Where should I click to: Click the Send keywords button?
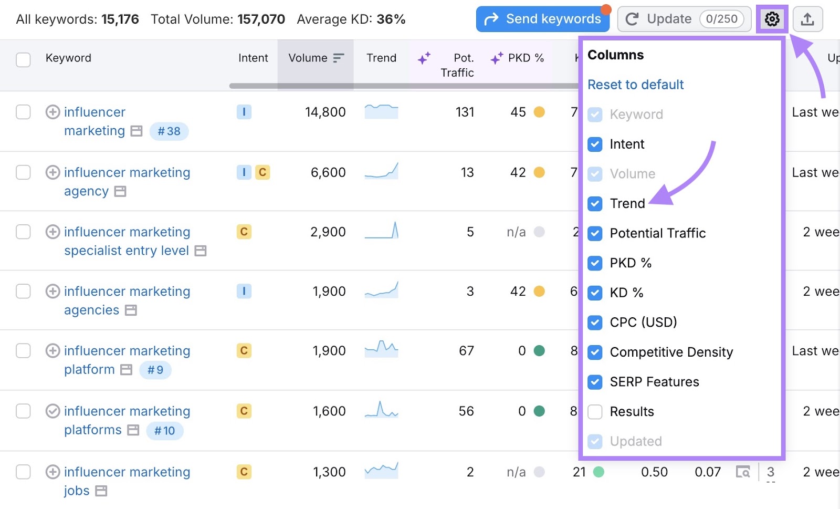[x=542, y=19]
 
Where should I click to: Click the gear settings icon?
[x=772, y=19]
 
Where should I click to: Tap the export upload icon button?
[x=807, y=19]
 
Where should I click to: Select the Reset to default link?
[x=635, y=85]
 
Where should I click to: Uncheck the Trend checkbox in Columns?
[x=595, y=204]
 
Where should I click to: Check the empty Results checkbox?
[x=595, y=412]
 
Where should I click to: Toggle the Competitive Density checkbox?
[x=595, y=352]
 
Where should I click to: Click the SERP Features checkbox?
[x=595, y=382]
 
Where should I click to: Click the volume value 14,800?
[x=325, y=112]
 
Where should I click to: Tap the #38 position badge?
[x=169, y=131]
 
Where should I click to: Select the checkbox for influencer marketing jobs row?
[x=23, y=472]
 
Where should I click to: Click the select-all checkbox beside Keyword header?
[x=23, y=59]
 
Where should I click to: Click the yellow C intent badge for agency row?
[x=262, y=172]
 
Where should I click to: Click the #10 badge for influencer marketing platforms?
[x=164, y=431]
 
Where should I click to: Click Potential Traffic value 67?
[x=466, y=351]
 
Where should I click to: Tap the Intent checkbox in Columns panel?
[x=595, y=144]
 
